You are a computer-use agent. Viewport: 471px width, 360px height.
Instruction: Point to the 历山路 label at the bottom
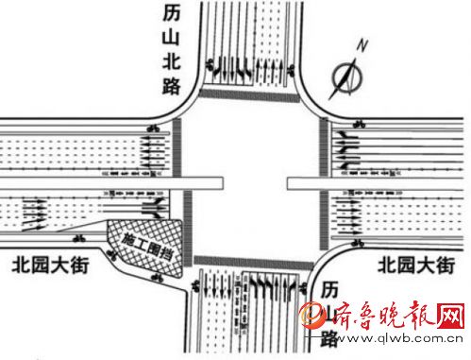[328, 313]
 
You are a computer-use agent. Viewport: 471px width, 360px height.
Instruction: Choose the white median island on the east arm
[378, 180]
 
